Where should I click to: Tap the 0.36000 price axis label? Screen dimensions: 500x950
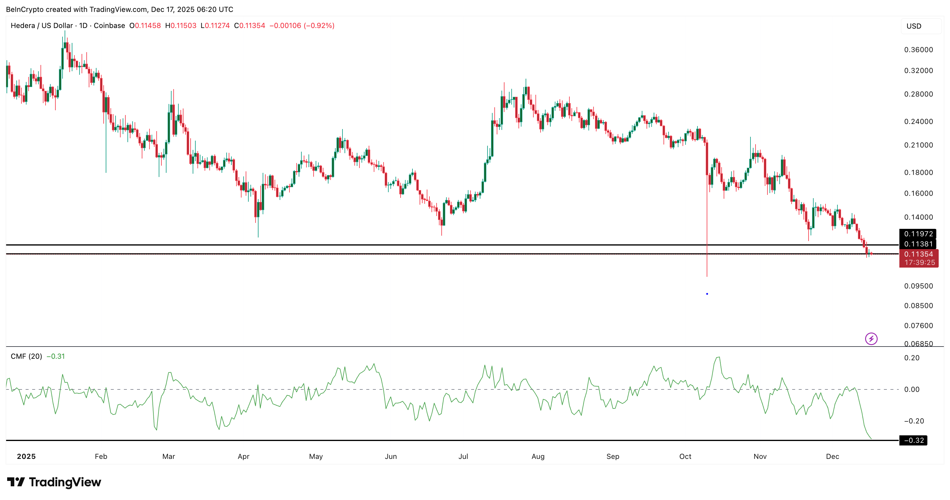pyautogui.click(x=918, y=50)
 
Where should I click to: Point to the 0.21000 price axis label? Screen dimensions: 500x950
pyautogui.click(x=918, y=145)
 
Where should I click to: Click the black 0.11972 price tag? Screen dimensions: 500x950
pyautogui.click(x=918, y=234)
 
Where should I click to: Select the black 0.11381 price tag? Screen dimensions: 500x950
pyautogui.click(x=918, y=244)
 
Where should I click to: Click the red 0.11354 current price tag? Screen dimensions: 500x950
pyautogui.click(x=918, y=254)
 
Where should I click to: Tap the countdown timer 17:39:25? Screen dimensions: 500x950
pyautogui.click(x=919, y=262)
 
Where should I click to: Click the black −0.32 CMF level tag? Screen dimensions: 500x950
pyautogui.click(x=913, y=440)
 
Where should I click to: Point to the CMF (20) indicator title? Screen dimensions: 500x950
pyautogui.click(x=26, y=356)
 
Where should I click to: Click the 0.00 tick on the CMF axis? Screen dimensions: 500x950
pyautogui.click(x=912, y=389)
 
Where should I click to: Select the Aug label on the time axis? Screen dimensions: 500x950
pyautogui.click(x=538, y=456)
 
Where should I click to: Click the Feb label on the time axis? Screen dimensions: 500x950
pyautogui.click(x=101, y=456)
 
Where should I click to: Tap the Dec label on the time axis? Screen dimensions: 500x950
pyautogui.click(x=832, y=456)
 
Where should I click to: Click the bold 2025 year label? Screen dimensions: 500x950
pyautogui.click(x=26, y=456)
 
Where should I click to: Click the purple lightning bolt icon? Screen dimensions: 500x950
pyautogui.click(x=871, y=338)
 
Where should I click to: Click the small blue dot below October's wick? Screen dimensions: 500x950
pyautogui.click(x=707, y=294)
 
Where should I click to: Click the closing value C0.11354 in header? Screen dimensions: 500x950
pyautogui.click(x=250, y=25)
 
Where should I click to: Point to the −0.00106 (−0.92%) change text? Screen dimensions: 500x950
pyautogui.click(x=302, y=25)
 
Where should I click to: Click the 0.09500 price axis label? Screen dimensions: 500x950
pyautogui.click(x=918, y=286)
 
